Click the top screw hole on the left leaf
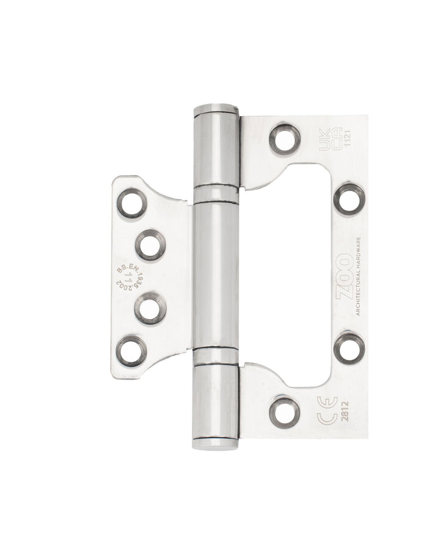(132, 204)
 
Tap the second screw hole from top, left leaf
(150, 245)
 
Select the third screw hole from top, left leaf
(150, 308)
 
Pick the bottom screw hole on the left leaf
(132, 351)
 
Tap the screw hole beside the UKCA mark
(285, 139)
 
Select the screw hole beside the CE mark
(285, 412)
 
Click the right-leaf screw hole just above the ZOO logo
(349, 199)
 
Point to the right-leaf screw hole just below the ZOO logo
(349, 347)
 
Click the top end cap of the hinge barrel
(216, 111)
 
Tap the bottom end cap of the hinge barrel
(216, 442)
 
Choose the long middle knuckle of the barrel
(216, 275)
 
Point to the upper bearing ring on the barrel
(216, 194)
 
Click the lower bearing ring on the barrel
(216, 356)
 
